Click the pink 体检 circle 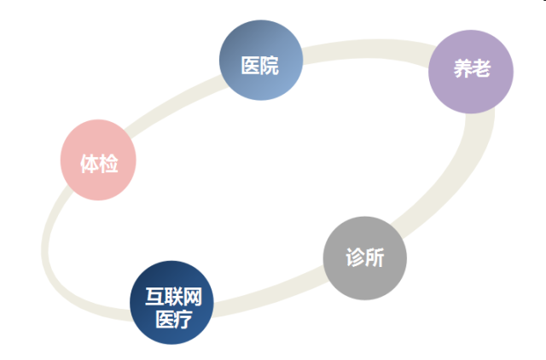click(x=98, y=160)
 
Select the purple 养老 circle click(x=471, y=72)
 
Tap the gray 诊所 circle click(x=365, y=258)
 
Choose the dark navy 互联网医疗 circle click(x=171, y=303)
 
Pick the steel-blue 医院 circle click(x=261, y=61)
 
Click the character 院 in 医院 click(x=270, y=66)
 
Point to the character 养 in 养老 click(x=462, y=68)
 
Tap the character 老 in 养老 click(x=481, y=68)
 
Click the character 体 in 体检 click(x=90, y=164)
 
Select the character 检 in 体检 click(x=108, y=164)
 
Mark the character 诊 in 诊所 click(x=355, y=258)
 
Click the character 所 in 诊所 click(x=375, y=258)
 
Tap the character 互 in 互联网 click(x=154, y=297)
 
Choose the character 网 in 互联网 click(x=193, y=297)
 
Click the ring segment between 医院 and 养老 click(x=368, y=49)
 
